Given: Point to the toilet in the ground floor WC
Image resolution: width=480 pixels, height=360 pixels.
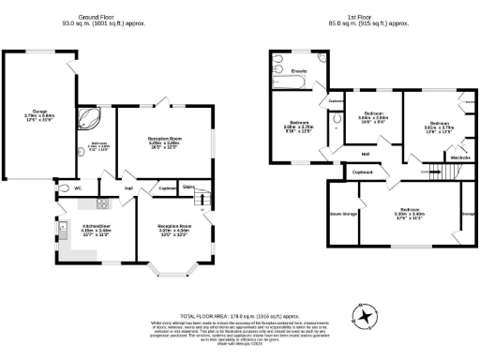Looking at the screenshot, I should click(x=61, y=188).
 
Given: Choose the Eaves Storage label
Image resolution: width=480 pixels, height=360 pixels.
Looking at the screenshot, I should click(x=342, y=214).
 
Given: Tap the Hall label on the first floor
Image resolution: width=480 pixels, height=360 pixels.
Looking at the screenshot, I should click(x=367, y=154).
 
